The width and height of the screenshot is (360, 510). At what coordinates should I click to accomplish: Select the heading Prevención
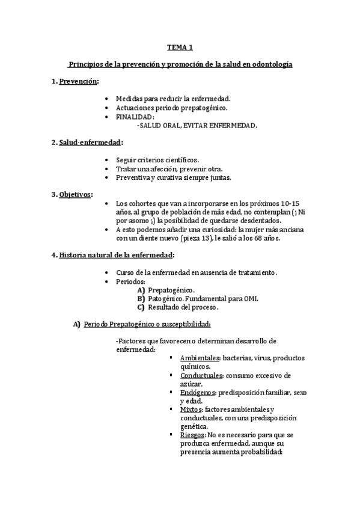pyautogui.click(x=78, y=81)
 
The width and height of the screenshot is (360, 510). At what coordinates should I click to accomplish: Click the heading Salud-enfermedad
pyautogui.click(x=90, y=143)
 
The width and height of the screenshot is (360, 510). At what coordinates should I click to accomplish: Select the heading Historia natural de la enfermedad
pyautogui.click(x=115, y=255)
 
